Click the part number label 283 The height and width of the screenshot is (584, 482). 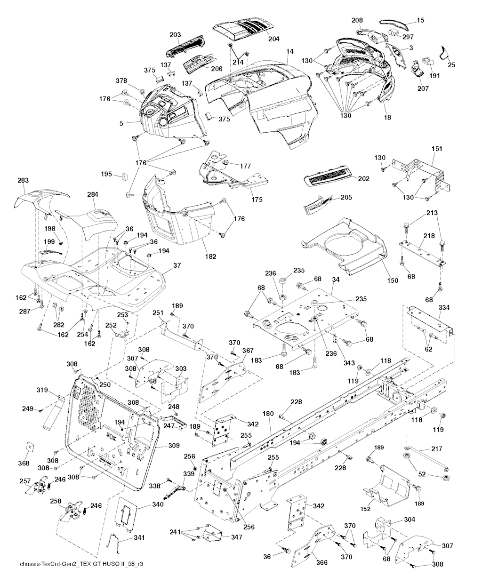coord(23,180)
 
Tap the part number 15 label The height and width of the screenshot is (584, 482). coord(420,20)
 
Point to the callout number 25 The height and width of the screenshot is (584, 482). coord(451,65)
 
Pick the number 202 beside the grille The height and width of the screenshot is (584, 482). coord(363,179)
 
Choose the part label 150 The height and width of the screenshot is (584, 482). coord(392,281)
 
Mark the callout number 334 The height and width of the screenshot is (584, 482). coord(444,308)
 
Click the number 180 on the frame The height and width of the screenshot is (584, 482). coord(268,414)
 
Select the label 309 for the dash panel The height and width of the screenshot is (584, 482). coord(161,445)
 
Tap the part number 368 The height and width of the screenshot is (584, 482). coord(24,464)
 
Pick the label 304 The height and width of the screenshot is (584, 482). coord(410,520)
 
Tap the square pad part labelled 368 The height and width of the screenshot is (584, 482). coord(30,447)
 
